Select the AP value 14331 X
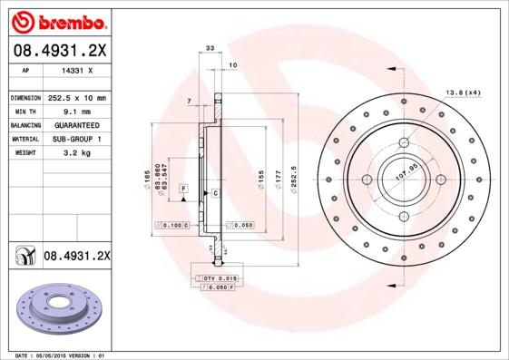pos(77,70)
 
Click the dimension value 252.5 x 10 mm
pos(77,97)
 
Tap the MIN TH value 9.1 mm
pos(77,111)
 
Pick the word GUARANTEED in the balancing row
pos(77,125)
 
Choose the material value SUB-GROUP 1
pos(77,139)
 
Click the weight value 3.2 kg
pos(77,153)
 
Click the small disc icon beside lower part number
pos(22,258)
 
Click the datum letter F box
pos(183,187)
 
